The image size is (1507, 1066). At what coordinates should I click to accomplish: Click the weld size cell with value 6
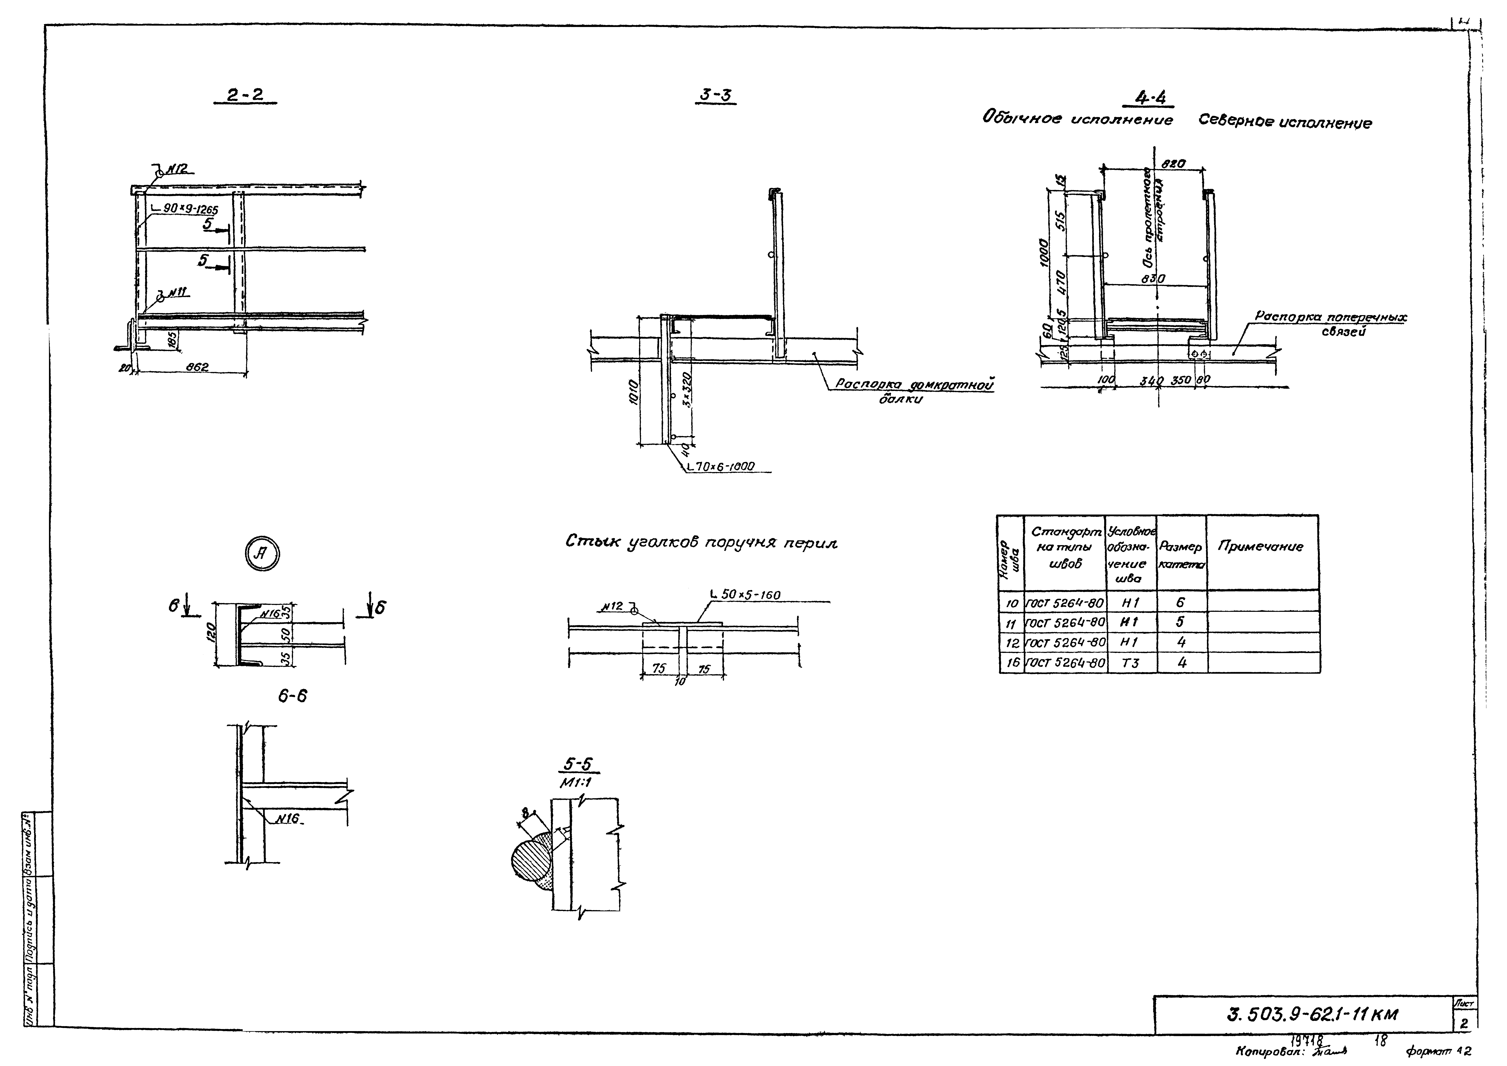[x=1181, y=601]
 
